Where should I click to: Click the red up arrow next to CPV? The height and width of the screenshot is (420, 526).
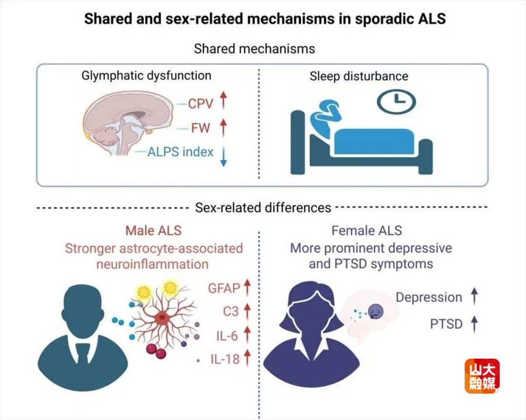point(223,100)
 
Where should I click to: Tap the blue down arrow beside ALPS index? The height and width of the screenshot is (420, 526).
point(223,157)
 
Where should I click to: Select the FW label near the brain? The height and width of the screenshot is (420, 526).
point(200,128)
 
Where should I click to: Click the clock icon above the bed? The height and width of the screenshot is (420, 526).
point(396,102)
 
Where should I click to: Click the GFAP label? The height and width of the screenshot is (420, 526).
point(224,288)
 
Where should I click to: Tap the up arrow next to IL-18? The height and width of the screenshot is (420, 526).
point(247,357)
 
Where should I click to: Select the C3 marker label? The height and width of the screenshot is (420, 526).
point(231,311)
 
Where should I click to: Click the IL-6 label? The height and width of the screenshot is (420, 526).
point(227,335)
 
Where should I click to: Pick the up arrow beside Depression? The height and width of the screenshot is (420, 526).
point(474,296)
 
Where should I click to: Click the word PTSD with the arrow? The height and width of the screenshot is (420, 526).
point(446,324)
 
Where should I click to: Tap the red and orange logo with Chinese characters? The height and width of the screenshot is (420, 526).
point(482,376)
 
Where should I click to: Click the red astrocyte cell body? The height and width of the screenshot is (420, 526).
point(162,316)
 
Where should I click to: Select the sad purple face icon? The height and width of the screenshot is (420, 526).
point(375,312)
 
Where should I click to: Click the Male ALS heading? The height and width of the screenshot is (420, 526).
point(153,231)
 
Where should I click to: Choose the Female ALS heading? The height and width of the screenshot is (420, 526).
point(366,231)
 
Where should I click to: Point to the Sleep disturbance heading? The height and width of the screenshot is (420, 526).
point(359,76)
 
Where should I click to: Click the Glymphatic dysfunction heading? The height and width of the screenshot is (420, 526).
point(146,76)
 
